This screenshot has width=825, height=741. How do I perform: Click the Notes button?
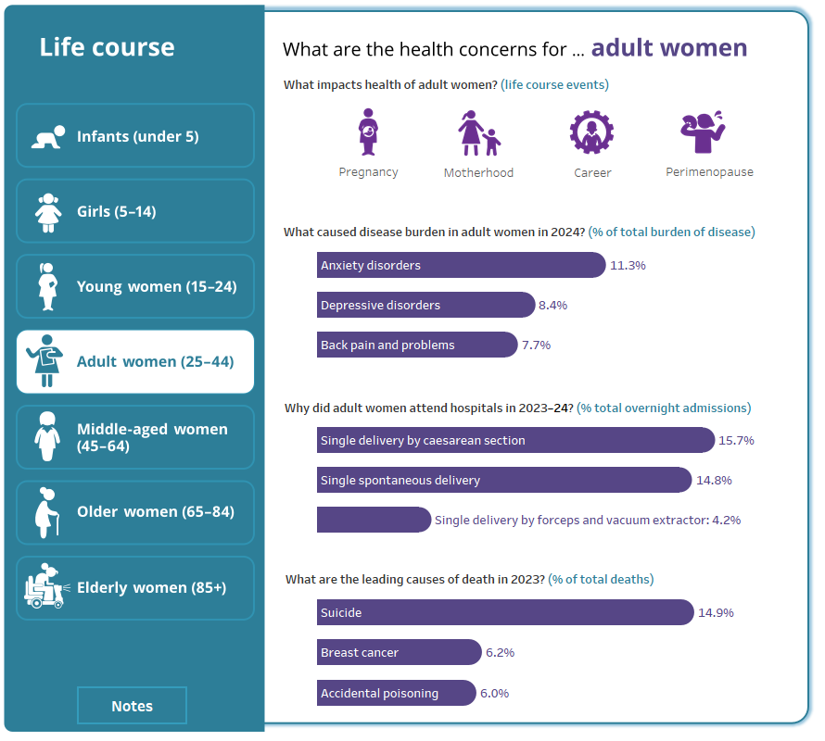click(132, 706)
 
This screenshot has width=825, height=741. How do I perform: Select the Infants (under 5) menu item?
click(135, 136)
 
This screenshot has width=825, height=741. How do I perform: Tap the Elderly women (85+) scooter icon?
click(44, 587)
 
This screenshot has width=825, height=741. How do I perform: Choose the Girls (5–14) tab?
click(135, 211)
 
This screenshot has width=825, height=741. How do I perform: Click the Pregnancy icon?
click(368, 132)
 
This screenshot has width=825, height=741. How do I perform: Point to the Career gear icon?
click(591, 132)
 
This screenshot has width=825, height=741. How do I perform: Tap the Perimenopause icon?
click(708, 132)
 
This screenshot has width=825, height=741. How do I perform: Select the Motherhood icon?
click(478, 133)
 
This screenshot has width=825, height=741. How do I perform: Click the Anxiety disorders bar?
click(461, 265)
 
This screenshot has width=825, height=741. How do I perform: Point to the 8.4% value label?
click(553, 305)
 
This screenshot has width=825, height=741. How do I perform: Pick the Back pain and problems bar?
click(416, 345)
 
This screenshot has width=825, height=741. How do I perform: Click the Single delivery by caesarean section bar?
click(515, 440)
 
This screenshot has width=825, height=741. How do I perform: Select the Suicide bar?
click(504, 612)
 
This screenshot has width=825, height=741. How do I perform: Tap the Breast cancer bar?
click(399, 652)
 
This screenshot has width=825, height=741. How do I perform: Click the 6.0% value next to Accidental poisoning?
click(494, 693)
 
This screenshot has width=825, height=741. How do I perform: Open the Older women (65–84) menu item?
click(135, 512)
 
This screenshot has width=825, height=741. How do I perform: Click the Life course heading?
click(107, 47)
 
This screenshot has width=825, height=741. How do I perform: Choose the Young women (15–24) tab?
click(135, 286)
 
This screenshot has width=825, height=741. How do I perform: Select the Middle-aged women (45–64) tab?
click(135, 437)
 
